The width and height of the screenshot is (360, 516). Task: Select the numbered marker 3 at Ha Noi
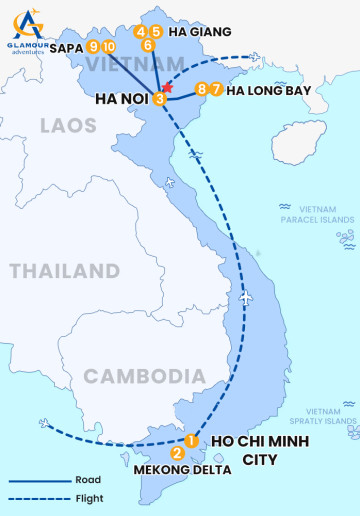(160, 98)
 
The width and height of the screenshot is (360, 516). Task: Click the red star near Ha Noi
(168, 88)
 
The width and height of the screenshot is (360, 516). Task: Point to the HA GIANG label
(194, 32)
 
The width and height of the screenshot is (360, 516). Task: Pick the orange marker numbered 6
(148, 45)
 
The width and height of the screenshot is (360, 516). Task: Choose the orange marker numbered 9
(93, 46)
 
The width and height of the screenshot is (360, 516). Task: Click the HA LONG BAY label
(270, 90)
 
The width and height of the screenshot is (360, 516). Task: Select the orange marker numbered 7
(217, 89)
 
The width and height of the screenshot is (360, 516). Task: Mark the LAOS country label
(68, 126)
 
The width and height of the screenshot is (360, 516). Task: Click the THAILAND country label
(64, 271)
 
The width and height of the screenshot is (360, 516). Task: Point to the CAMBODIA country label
(144, 376)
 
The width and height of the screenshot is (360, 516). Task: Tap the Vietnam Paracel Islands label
(313, 213)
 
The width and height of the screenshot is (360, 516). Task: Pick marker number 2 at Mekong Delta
(177, 453)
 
